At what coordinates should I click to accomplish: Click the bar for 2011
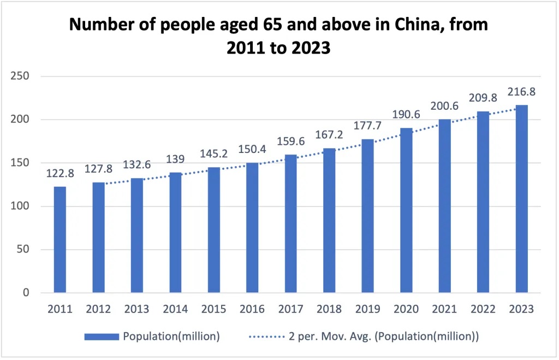60,240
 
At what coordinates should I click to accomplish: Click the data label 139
175,160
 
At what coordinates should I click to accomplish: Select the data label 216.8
521,92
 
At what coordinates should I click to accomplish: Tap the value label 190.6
406,115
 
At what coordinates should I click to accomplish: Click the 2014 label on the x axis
175,309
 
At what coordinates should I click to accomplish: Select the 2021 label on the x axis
444,309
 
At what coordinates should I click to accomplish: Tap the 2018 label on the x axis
329,309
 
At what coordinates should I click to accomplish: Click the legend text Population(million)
171,337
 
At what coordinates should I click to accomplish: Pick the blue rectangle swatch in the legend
102,337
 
